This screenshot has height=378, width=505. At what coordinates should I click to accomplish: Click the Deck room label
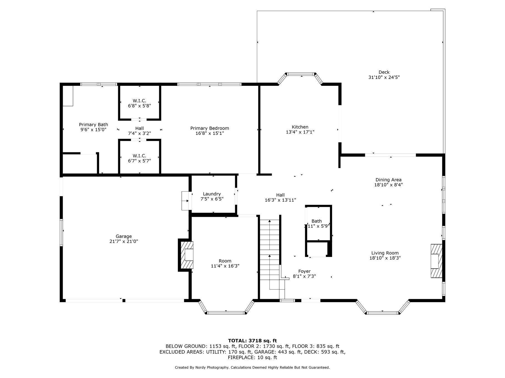[x=384, y=72]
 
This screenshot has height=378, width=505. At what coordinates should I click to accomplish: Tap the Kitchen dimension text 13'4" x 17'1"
[x=300, y=132]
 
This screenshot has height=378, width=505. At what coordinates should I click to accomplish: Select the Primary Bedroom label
[x=209, y=128]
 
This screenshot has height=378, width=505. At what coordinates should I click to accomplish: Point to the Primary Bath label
[x=93, y=125]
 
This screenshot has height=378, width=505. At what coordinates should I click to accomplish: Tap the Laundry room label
[x=212, y=194]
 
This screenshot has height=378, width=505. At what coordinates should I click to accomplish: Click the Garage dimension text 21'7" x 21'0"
[x=124, y=241]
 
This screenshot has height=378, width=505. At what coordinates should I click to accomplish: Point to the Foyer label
[x=304, y=271]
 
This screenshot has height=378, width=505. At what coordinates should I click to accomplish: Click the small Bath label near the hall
[x=316, y=221]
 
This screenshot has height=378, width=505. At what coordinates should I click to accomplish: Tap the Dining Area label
[x=388, y=180]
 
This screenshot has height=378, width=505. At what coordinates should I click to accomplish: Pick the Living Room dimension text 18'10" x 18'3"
[x=385, y=258]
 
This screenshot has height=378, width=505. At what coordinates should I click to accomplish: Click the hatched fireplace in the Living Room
[x=436, y=261]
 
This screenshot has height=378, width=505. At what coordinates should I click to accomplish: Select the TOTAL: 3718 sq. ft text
[x=252, y=341]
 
